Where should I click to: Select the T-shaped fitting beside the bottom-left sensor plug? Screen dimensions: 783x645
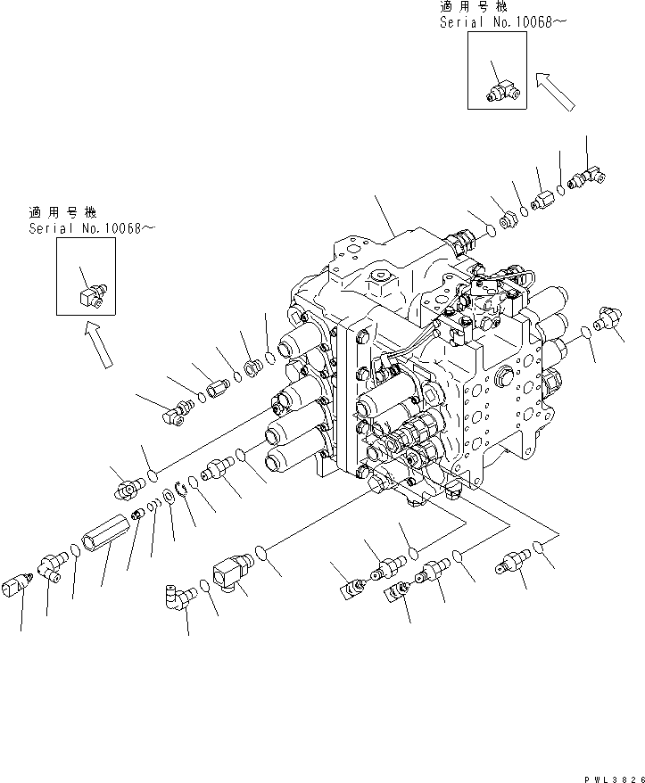pyautogui.click(x=50, y=566)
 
